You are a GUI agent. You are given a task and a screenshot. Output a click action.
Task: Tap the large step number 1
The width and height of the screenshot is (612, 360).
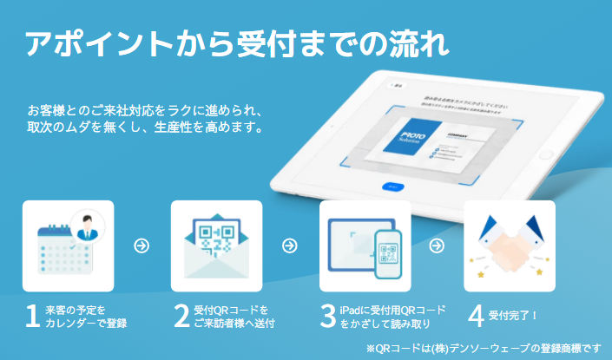(32, 317)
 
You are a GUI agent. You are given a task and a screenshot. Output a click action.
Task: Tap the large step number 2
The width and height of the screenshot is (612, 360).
(181, 317)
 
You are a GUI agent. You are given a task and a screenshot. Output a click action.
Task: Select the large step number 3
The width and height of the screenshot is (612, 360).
(327, 317)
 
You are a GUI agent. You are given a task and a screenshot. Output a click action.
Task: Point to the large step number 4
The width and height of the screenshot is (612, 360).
(476, 317)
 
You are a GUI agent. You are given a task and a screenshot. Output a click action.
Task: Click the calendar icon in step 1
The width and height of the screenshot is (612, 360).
(61, 252)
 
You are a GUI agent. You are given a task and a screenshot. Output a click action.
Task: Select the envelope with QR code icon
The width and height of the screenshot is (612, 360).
(216, 246)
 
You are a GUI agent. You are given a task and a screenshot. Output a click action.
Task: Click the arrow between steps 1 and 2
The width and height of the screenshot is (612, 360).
(141, 246)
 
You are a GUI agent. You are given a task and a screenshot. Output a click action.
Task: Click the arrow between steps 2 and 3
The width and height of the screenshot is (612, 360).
(290, 246)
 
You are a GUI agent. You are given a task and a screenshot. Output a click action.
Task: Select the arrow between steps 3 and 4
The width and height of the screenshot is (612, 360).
(439, 246)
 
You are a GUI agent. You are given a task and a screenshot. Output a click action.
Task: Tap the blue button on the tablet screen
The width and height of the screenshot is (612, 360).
(393, 186)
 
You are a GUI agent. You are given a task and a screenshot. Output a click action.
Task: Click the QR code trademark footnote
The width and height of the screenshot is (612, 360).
(484, 348)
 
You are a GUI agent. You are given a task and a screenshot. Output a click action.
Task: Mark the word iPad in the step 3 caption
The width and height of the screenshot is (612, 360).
(352, 309)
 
